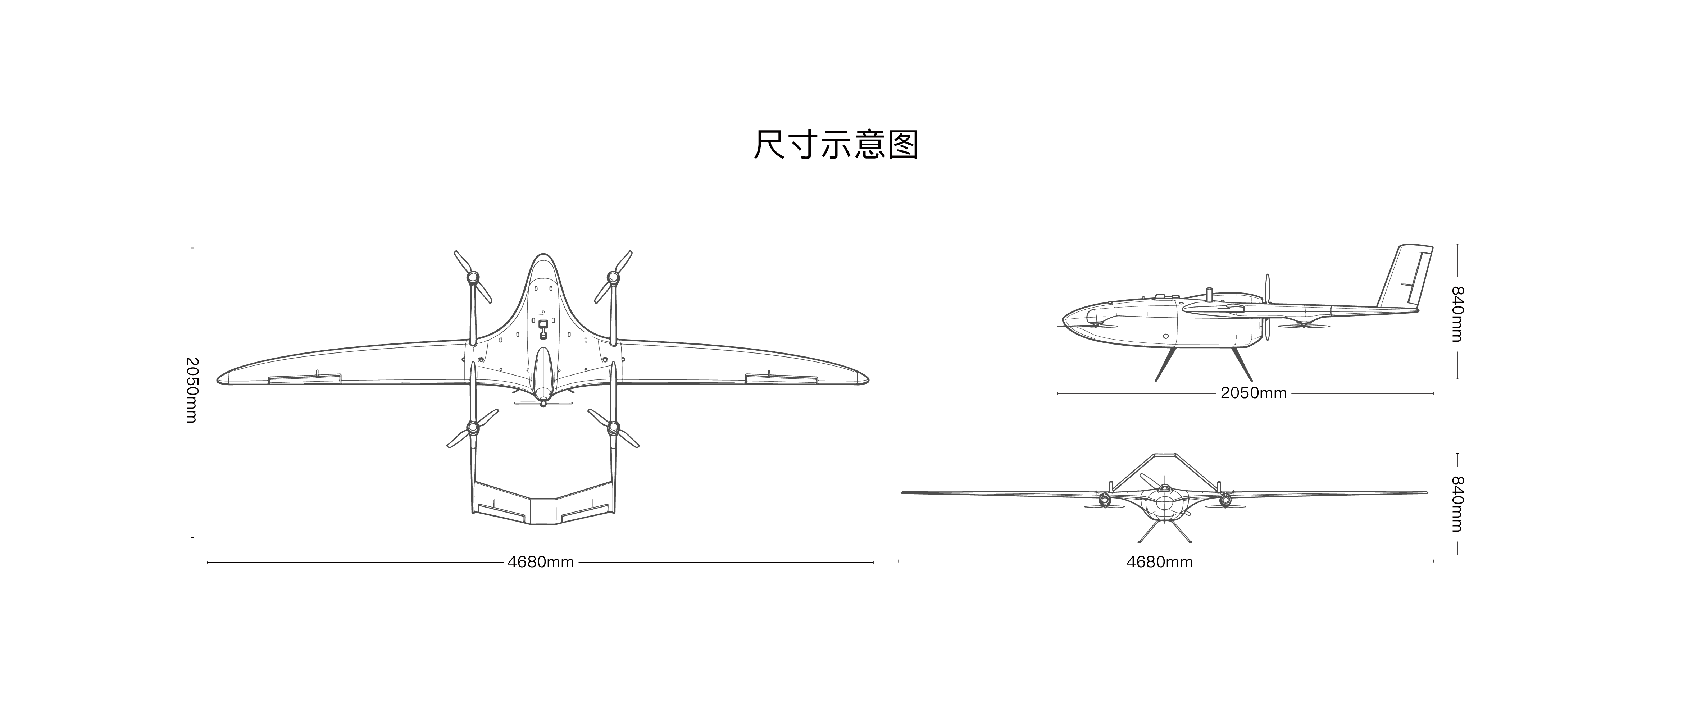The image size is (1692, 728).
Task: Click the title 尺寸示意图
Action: [x=836, y=145]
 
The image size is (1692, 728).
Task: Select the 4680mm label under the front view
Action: [x=1159, y=562]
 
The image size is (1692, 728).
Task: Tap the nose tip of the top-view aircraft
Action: [x=542, y=254]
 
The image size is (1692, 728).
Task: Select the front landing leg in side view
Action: [x=1166, y=363]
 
